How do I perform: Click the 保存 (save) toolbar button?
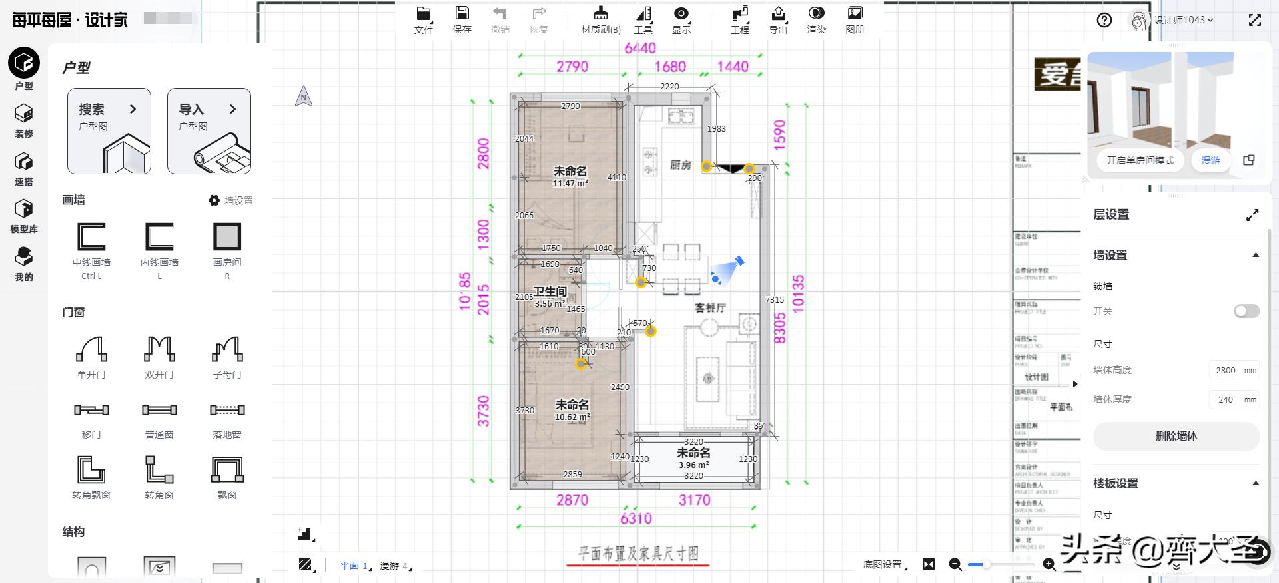click(462, 20)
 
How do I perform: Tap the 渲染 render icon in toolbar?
click(816, 20)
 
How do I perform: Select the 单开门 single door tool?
click(91, 356)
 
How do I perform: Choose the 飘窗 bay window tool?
click(227, 476)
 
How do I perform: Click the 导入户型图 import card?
click(209, 131)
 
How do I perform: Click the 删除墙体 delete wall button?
click(1176, 437)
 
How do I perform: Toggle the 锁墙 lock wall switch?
click(1246, 311)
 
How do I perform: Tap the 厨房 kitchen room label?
click(680, 165)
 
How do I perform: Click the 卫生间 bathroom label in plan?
click(550, 291)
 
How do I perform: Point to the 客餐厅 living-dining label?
click(710, 308)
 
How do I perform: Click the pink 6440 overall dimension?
click(639, 48)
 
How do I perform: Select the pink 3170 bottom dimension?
click(694, 500)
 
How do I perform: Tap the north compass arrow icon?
click(304, 97)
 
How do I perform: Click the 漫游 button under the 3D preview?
click(1210, 160)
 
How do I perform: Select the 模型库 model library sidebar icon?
click(24, 216)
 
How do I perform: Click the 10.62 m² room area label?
click(572, 417)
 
